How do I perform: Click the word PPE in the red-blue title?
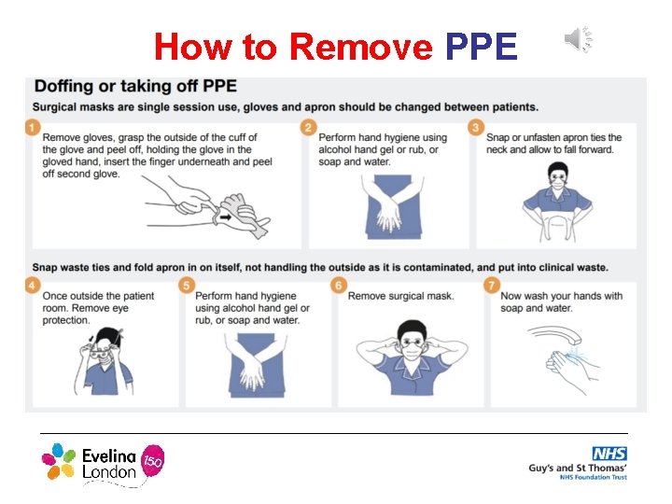click(x=482, y=45)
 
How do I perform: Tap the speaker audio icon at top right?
click(x=577, y=40)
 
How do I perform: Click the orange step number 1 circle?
click(x=33, y=127)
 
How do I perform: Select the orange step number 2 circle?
click(x=309, y=127)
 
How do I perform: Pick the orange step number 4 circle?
click(x=33, y=287)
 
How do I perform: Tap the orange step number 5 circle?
click(x=187, y=287)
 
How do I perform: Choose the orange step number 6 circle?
click(x=339, y=287)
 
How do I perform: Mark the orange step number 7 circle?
click(x=492, y=287)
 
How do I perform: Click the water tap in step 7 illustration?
click(x=551, y=335)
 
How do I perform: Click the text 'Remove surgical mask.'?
click(x=400, y=297)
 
